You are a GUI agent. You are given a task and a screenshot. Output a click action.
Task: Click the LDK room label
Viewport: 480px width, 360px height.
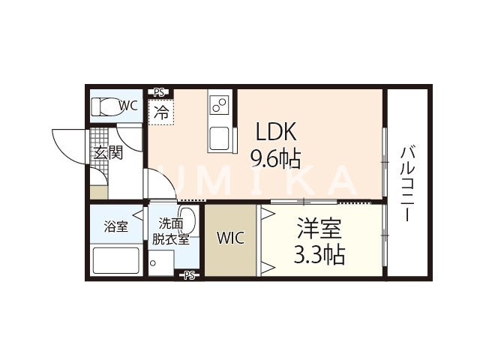[277, 133]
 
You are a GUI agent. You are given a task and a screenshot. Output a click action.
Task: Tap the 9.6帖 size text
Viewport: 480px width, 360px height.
[275, 158]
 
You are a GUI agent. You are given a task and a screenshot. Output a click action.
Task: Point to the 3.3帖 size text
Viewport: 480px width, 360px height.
[319, 255]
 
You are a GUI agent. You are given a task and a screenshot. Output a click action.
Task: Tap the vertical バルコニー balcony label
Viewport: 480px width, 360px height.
[408, 181]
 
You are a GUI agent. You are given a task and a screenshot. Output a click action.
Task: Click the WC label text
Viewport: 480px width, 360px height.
[127, 106]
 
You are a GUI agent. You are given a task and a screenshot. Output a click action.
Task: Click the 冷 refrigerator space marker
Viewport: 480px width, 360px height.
[161, 112]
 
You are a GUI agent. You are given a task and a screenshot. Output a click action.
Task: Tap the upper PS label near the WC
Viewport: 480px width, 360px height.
[159, 92]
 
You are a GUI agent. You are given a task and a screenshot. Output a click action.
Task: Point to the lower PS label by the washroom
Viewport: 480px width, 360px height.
[189, 275]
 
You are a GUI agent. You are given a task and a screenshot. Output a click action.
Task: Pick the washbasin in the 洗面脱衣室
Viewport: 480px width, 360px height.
[188, 223]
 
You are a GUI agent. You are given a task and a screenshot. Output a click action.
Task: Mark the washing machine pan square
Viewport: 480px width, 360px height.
[161, 263]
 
